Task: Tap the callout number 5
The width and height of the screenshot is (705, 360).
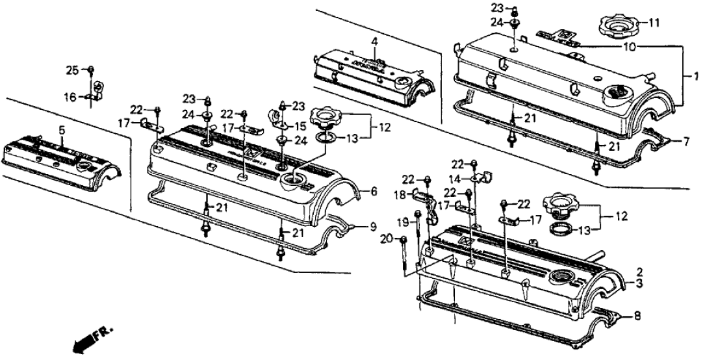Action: pyautogui.click(x=62, y=130)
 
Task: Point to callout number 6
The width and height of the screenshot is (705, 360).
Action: pyautogui.click(x=374, y=192)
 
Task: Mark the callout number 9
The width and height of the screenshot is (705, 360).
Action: pyautogui.click(x=374, y=227)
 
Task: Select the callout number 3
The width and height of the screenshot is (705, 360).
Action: pyautogui.click(x=639, y=285)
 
